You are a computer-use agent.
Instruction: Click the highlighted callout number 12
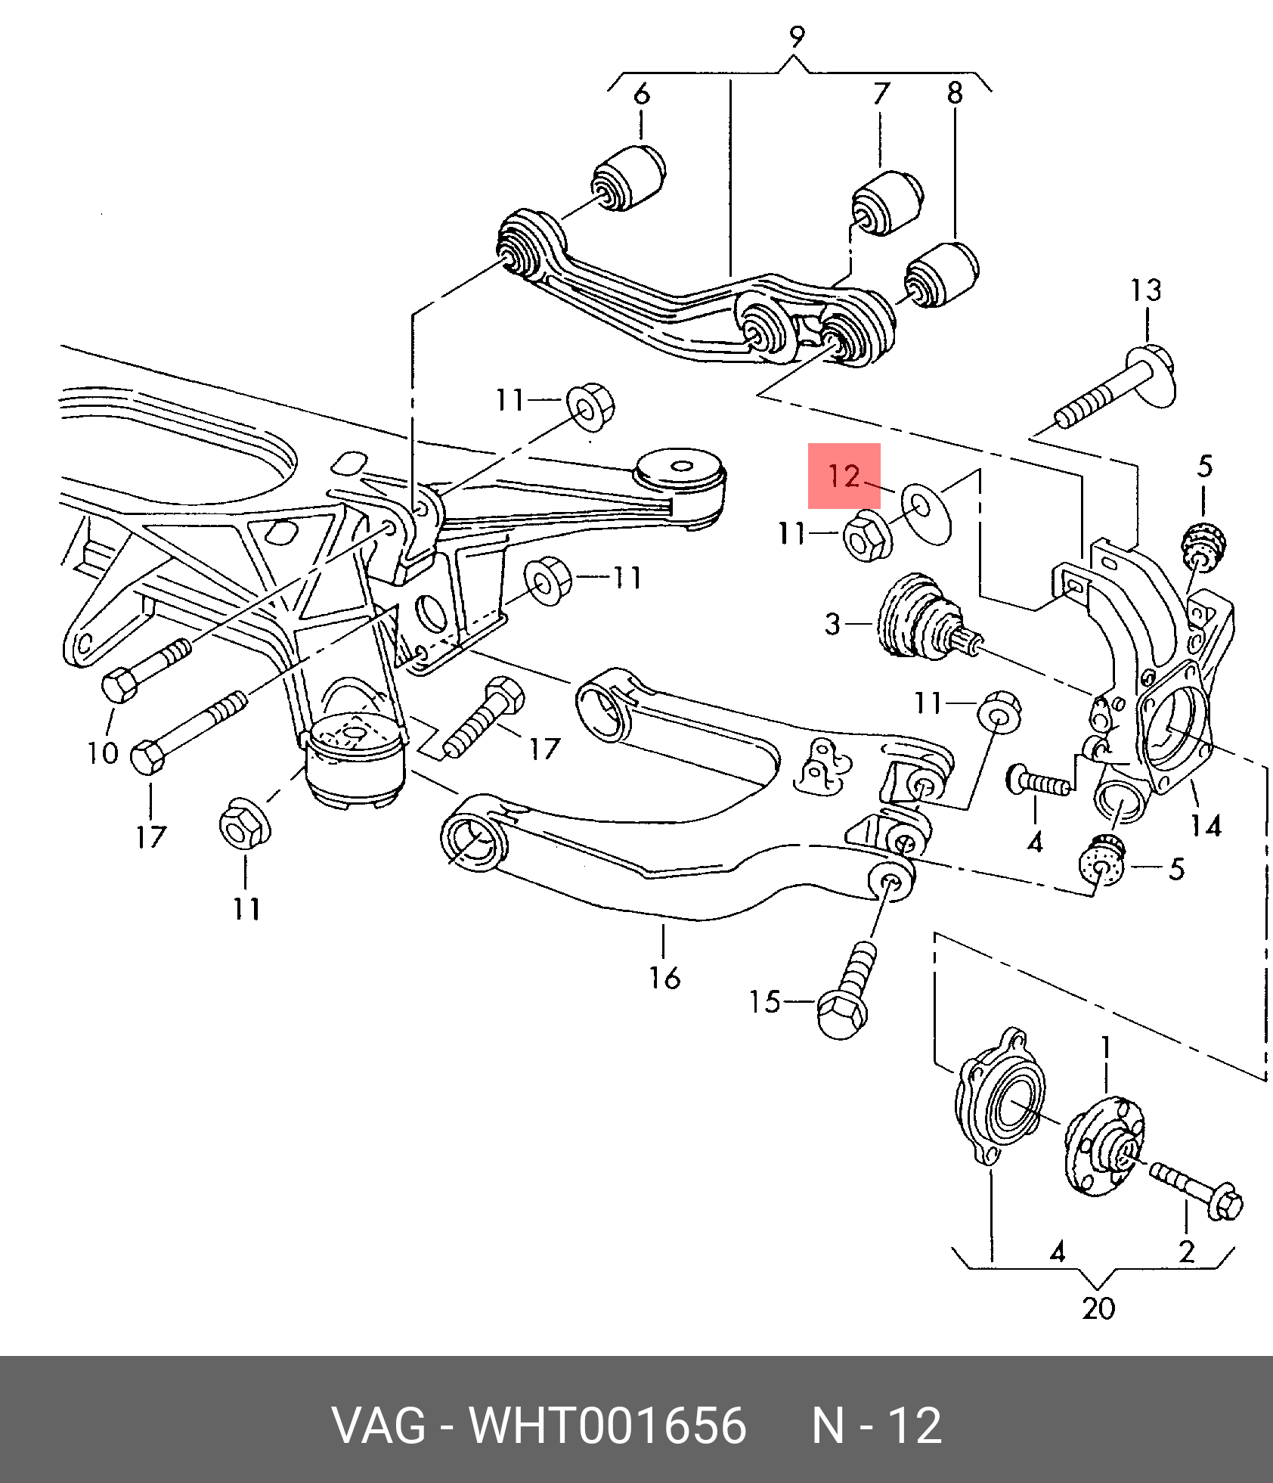(x=844, y=476)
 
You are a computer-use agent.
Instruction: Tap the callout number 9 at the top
(x=797, y=37)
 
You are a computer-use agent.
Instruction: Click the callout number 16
(x=664, y=978)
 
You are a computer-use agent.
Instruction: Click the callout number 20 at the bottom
(x=1098, y=1308)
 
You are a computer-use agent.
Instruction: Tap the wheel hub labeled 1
(x=1104, y=1147)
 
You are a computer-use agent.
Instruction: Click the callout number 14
(x=1206, y=826)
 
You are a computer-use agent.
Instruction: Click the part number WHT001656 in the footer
(x=608, y=1426)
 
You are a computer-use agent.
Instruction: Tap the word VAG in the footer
(x=379, y=1426)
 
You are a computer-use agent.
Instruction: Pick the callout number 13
(x=1146, y=290)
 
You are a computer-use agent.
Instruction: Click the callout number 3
(x=832, y=624)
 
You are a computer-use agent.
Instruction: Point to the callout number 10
(x=103, y=753)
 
